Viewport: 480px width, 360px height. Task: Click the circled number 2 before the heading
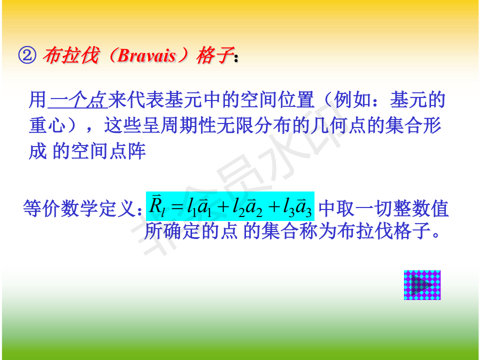[x=27, y=55]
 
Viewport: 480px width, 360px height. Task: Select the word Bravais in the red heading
[x=146, y=55]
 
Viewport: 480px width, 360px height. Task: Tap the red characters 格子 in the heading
[x=215, y=55]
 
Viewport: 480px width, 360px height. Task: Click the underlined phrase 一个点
[x=78, y=100]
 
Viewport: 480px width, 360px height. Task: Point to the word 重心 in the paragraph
[x=47, y=125]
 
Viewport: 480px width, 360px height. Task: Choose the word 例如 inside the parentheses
[x=352, y=100]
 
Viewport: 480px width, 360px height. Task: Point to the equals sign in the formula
[x=177, y=207]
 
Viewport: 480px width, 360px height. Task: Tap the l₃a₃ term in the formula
[x=297, y=206]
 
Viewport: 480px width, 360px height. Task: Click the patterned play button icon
[x=422, y=285]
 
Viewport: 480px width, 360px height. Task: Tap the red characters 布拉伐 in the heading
[x=71, y=55]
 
